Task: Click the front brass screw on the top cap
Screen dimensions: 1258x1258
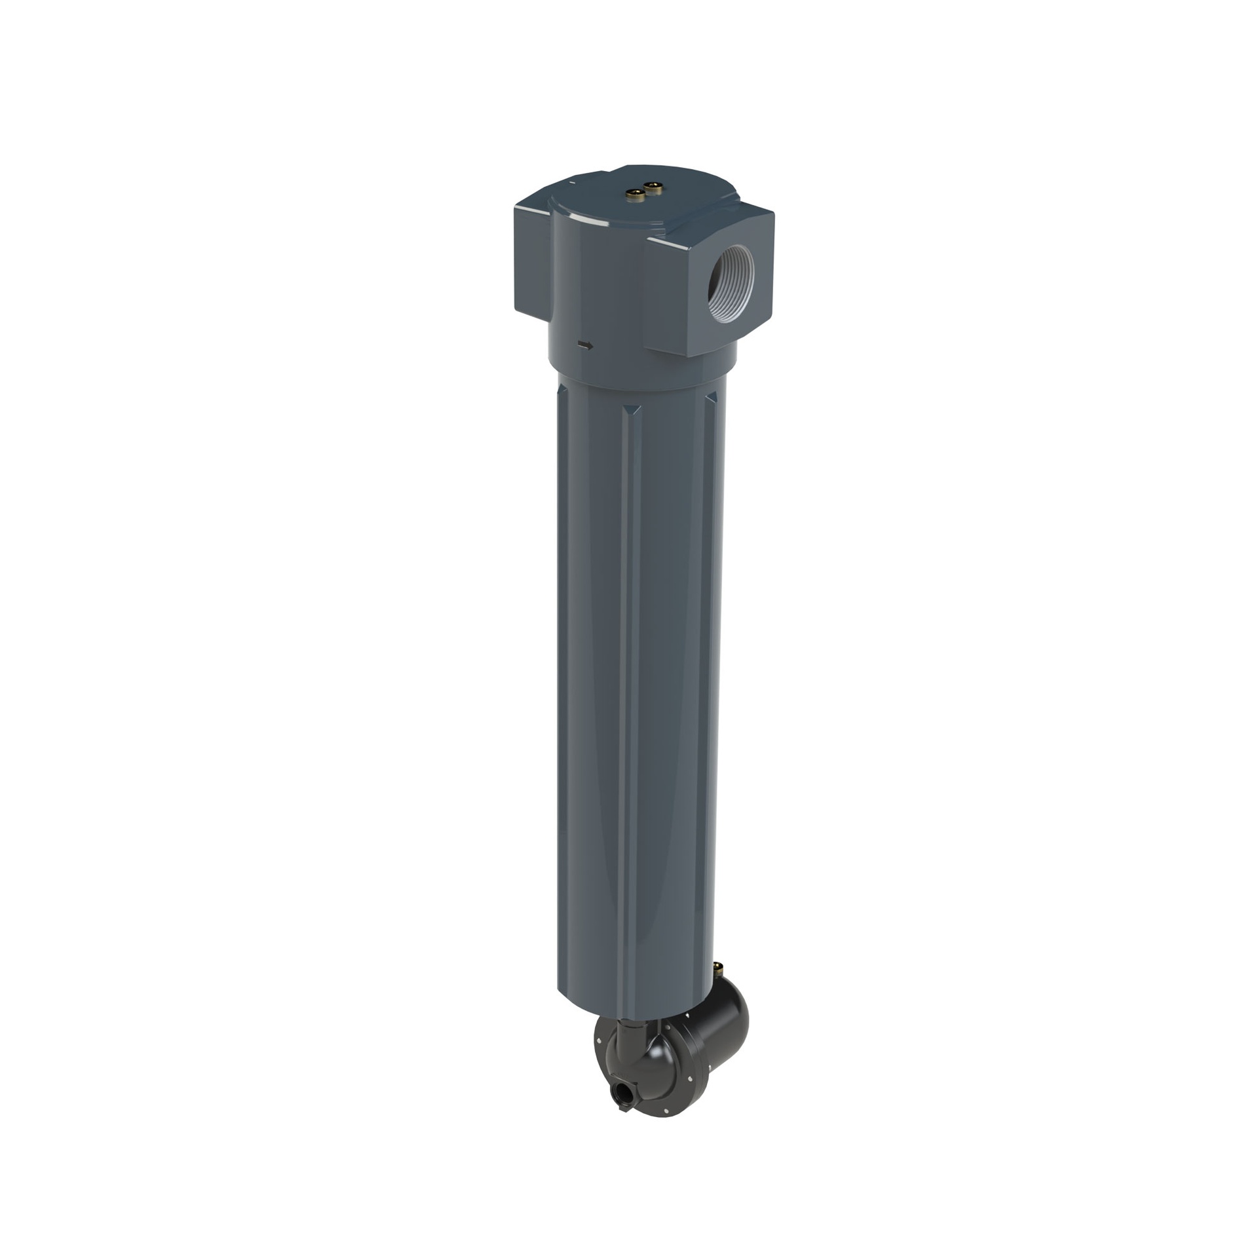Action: coord(635,193)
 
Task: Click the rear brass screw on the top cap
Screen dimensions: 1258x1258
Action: coord(653,187)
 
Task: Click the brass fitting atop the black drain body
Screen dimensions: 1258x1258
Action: coord(718,968)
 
